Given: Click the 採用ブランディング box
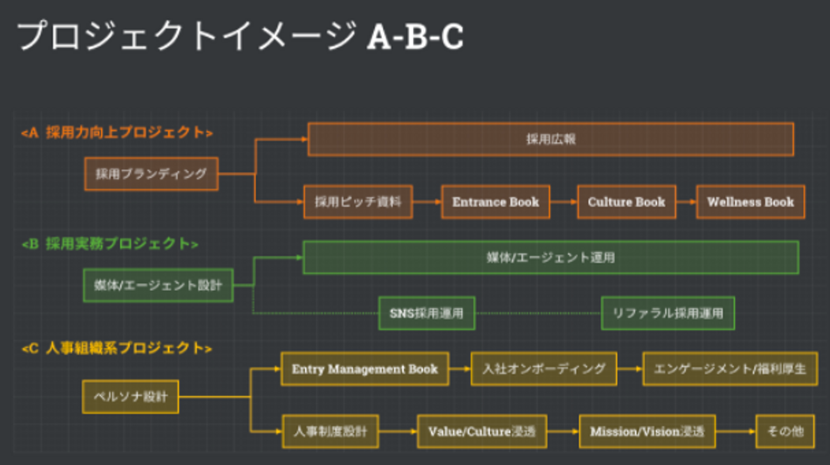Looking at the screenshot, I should pos(151,174).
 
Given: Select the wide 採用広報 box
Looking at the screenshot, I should pos(550,139).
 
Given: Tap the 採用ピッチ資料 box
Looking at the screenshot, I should pos(358,202).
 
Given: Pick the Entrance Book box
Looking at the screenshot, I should pos(496,202).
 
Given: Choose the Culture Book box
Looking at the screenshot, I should pos(627,202).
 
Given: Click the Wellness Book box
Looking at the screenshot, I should pos(750,202).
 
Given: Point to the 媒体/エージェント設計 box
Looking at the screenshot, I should pos(158,285).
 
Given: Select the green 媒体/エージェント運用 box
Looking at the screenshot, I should pos(550,257).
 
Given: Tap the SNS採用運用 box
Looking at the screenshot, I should pos(427,313).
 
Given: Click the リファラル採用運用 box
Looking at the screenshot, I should pos(667,313).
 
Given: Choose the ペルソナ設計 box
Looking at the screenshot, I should pos(130,396).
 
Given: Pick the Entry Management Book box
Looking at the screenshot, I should pos(364,369).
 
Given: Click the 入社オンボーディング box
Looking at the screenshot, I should pos(544,369).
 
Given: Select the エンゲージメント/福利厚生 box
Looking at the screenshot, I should pos(730,369).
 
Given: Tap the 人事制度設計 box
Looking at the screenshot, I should pos(330,432).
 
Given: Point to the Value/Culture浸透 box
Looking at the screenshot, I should pos(482,432).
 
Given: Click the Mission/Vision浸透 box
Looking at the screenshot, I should pos(647,432).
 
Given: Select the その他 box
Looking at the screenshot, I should pos(785,432).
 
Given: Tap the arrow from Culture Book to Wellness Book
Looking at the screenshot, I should pos(686,202).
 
